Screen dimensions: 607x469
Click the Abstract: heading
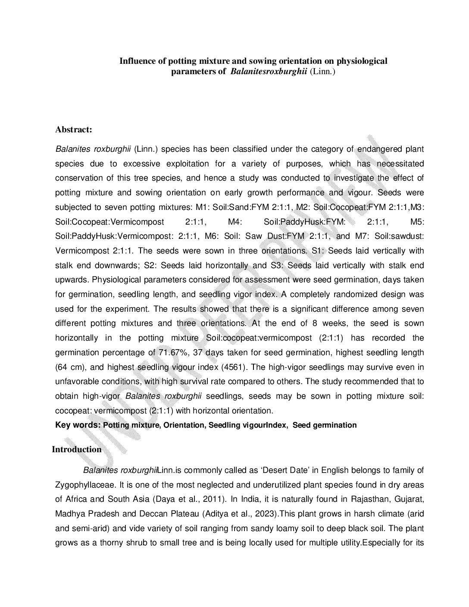74,129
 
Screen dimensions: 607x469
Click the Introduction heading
77,449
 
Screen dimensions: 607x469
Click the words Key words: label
78,425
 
